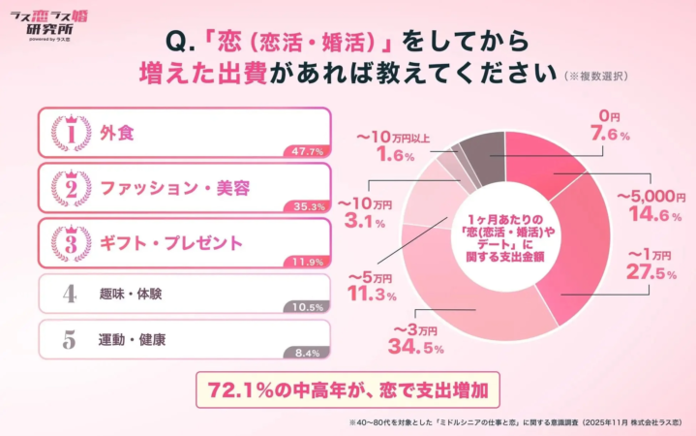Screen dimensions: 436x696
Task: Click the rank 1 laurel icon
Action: pos(69,135)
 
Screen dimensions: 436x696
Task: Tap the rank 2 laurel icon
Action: pos(69,188)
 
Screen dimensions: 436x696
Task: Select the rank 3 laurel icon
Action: pos(69,242)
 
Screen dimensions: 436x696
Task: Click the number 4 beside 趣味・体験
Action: pos(69,294)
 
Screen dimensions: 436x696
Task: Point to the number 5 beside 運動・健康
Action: pos(69,340)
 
